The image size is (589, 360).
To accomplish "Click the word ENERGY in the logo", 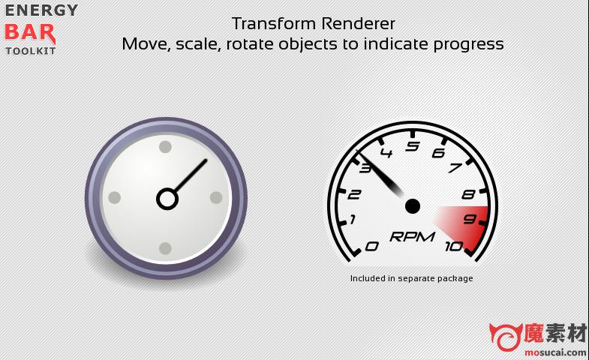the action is tap(41, 10).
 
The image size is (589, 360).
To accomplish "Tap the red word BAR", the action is tap(30, 33).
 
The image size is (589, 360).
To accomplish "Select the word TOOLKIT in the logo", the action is tap(31, 51).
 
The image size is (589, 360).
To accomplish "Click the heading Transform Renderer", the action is tap(314, 24).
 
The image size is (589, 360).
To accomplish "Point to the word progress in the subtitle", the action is tap(468, 45).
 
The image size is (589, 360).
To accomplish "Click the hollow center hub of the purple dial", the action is tap(167, 199).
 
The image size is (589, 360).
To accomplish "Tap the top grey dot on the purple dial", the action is tap(165, 147).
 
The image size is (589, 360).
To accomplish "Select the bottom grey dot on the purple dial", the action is tap(165, 248).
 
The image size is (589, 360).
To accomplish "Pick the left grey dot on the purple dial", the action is tap(115, 197).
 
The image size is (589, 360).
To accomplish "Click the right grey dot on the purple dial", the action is tap(216, 197).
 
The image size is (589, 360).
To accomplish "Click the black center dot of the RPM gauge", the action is tap(413, 206).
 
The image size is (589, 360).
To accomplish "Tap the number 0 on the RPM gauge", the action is tap(372, 246).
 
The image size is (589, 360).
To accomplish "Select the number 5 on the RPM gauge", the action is tap(413, 145).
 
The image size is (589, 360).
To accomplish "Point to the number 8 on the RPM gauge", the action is tap(469, 194).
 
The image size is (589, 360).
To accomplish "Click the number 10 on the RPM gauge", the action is tap(454, 246).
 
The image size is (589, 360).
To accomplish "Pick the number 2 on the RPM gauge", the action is tap(354, 194).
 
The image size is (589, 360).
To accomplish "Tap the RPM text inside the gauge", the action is tap(413, 236).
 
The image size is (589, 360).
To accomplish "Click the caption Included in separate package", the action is tap(411, 278).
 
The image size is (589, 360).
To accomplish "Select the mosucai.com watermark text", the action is tap(555, 352).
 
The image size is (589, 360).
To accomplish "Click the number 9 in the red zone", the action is tap(470, 219).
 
